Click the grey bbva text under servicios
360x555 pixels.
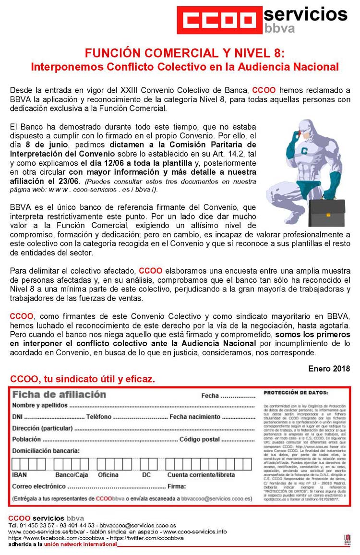point(279,28)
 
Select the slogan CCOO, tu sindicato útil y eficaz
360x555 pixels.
point(83,379)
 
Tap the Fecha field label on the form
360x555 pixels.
point(210,396)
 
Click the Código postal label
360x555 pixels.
point(199,439)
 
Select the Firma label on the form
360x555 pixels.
point(176,486)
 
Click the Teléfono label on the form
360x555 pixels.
point(99,417)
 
